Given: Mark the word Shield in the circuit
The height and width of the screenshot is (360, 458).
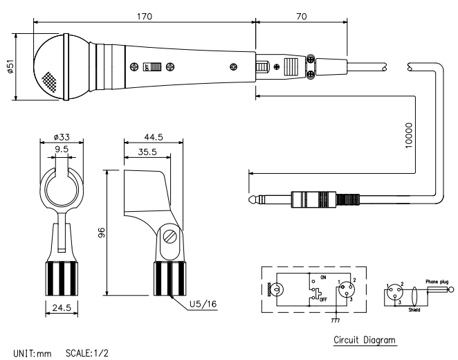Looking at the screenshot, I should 414,310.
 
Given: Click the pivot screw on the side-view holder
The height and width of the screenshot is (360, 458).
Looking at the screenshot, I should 170,237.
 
